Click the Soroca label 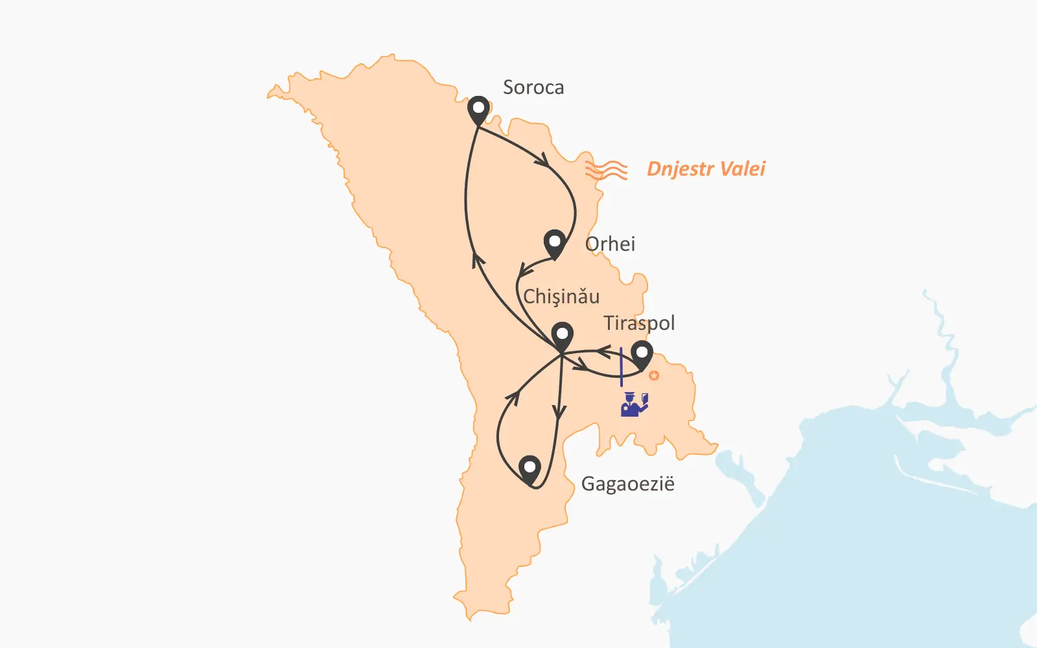click(533, 87)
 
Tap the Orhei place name click(610, 244)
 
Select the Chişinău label click(561, 297)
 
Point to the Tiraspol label click(639, 323)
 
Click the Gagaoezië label click(627, 484)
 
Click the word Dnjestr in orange click(680, 169)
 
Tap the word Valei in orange click(743, 169)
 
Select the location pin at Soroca click(478, 110)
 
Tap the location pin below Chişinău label click(562, 336)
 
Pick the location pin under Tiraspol click(642, 355)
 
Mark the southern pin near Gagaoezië click(530, 469)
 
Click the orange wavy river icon click(606, 170)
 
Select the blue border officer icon click(634, 404)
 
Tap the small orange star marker click(654, 375)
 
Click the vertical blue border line click(621, 367)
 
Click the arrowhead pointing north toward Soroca click(478, 260)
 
